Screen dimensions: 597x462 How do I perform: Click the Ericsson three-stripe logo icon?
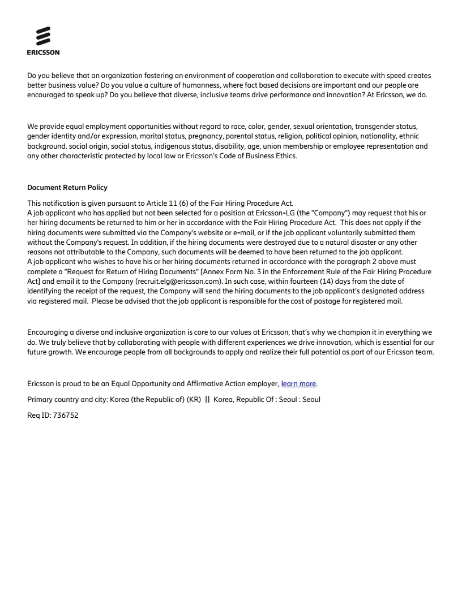pyautogui.click(x=43, y=36)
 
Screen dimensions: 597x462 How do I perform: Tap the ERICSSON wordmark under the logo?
pyautogui.click(x=43, y=53)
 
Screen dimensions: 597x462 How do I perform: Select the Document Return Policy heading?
pyautogui.click(x=67, y=188)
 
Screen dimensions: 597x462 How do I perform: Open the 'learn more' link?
pyautogui.click(x=298, y=384)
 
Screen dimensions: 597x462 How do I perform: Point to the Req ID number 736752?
pyautogui.click(x=65, y=416)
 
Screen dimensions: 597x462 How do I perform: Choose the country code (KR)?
pyautogui.click(x=194, y=400)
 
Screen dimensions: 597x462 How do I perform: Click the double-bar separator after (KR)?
pyautogui.click(x=207, y=400)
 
